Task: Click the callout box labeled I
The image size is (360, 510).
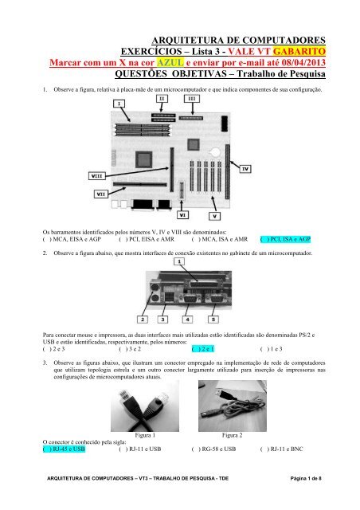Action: [119, 104]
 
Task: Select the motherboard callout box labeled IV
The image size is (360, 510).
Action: [245, 169]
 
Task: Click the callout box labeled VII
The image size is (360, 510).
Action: [102, 194]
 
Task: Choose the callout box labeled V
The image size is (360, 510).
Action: [213, 215]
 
